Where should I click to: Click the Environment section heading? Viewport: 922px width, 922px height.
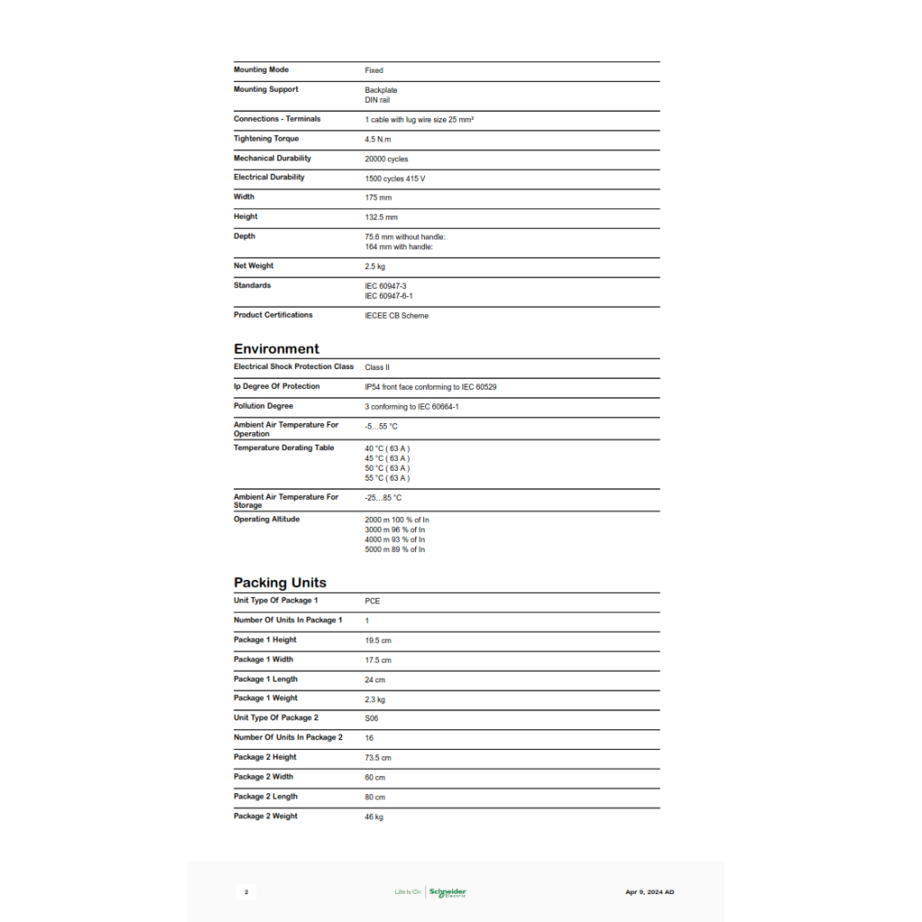tap(276, 348)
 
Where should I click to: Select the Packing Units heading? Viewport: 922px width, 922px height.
tap(280, 583)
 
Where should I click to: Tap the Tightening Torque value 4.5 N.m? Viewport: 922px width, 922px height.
tap(378, 140)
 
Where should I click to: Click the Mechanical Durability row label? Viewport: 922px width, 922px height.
tap(273, 158)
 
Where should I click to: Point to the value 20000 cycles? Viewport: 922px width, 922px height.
tap(386, 159)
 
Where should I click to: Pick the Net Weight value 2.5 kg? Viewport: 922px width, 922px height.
tap(375, 267)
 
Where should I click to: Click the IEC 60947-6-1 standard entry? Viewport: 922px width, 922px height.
tap(389, 295)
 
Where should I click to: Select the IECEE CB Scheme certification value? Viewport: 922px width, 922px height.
tap(396, 316)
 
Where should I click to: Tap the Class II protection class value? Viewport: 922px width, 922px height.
tap(377, 367)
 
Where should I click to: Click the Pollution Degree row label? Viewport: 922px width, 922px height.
tap(263, 406)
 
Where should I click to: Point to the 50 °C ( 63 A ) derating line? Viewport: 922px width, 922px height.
tap(387, 468)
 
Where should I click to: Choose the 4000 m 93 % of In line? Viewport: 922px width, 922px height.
tap(394, 539)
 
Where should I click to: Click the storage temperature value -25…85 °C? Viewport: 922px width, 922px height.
tap(383, 498)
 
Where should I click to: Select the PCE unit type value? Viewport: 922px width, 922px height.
tap(372, 601)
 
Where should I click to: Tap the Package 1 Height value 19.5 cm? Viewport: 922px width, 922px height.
tap(378, 640)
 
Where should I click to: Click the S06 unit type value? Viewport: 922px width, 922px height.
tap(372, 719)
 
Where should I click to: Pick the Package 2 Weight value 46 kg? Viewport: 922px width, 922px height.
tap(374, 817)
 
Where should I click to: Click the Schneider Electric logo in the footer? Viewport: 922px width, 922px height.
tap(447, 892)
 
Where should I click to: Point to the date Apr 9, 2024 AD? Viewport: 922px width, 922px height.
tap(649, 892)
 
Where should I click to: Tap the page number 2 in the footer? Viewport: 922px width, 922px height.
tap(246, 892)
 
